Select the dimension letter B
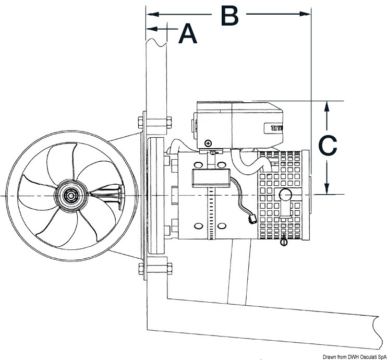click(x=229, y=16)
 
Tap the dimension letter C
click(x=328, y=147)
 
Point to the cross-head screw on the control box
click(x=209, y=142)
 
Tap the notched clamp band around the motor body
click(x=211, y=214)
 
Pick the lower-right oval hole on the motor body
click(x=222, y=225)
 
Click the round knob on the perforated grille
click(x=285, y=195)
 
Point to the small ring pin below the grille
click(x=284, y=242)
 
